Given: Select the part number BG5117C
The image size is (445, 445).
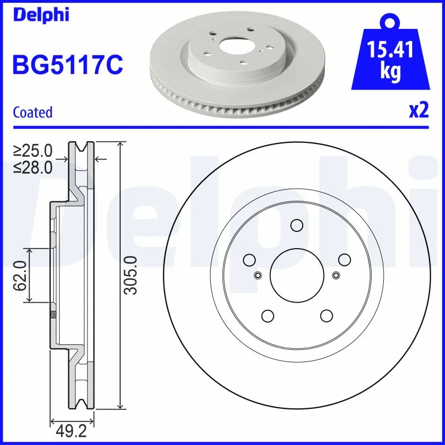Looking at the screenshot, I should point(67,65).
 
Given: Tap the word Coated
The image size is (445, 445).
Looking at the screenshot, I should point(32,112).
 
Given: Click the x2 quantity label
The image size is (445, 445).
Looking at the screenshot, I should point(418,111).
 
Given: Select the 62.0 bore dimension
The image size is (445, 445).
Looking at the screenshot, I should point(21,275).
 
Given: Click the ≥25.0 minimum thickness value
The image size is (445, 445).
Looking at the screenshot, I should point(33,150).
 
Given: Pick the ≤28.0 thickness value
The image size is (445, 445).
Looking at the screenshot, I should point(33,166).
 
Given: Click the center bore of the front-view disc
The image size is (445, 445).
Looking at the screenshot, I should point(296,274).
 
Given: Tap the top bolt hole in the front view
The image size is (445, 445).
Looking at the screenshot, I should point(296,225).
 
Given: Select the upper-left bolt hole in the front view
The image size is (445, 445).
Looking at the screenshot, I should point(249,259).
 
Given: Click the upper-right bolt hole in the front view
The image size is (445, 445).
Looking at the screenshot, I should point(344,259).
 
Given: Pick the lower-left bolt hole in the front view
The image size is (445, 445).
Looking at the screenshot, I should point(267,315).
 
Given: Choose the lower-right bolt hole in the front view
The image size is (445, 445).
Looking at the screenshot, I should point(325,315).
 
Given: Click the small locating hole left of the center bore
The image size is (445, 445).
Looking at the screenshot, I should point(257,275).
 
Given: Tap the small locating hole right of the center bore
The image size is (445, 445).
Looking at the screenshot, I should point(335,275).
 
